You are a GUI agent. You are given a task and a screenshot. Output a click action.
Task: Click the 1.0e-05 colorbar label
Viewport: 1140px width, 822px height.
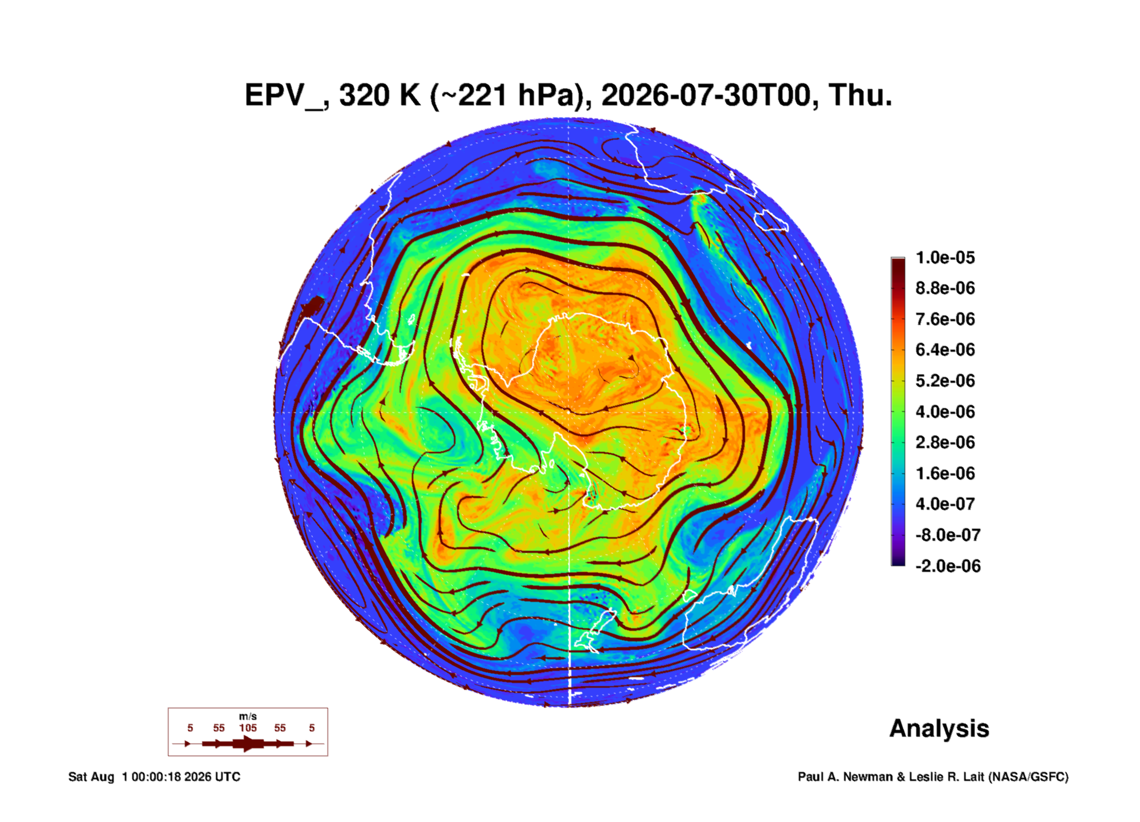tap(945, 258)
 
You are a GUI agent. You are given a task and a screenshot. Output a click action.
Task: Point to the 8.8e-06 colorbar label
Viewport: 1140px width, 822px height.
tap(945, 288)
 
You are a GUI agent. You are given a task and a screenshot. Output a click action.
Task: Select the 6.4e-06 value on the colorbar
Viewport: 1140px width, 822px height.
tap(945, 350)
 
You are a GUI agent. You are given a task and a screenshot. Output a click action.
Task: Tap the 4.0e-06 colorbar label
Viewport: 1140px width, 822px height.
tap(945, 411)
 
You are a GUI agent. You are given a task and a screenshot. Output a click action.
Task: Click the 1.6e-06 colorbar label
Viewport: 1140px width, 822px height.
tap(945, 473)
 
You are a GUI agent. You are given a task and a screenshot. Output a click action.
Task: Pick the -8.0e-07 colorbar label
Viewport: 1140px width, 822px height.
tap(948, 535)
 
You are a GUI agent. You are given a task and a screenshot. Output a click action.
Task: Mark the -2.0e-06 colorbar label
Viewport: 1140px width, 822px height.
tap(948, 566)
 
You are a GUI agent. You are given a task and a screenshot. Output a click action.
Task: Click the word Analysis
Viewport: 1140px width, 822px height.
tap(939, 729)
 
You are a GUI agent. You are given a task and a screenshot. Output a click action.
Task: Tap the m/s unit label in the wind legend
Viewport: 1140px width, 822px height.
tap(248, 716)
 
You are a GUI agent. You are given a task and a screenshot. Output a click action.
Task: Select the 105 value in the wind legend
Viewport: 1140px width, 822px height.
tap(248, 728)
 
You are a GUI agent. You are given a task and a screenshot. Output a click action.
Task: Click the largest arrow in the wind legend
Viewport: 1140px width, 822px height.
tap(248, 744)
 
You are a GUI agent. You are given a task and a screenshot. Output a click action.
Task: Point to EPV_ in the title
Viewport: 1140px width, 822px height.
tap(287, 96)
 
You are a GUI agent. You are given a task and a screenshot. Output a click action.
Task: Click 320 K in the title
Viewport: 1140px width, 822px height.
tap(380, 95)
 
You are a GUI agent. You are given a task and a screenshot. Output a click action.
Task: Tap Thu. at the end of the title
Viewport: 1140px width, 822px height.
tap(860, 95)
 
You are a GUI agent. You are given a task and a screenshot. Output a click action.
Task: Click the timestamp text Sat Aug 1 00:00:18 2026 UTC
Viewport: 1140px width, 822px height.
tap(154, 777)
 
